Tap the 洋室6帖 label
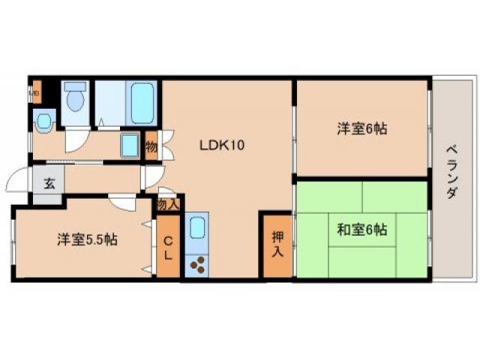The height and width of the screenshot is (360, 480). click(361, 129)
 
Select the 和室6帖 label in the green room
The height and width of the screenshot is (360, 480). click(361, 229)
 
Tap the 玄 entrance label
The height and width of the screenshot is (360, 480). click(48, 183)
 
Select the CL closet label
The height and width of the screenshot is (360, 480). click(168, 247)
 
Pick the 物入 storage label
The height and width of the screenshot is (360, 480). click(168, 203)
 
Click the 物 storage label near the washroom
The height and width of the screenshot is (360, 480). click(151, 147)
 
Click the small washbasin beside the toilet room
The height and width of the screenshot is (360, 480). click(43, 120)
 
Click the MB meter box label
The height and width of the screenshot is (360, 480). click(34, 94)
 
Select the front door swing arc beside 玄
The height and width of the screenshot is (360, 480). click(16, 183)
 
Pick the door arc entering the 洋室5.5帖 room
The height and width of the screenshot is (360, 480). click(120, 201)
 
